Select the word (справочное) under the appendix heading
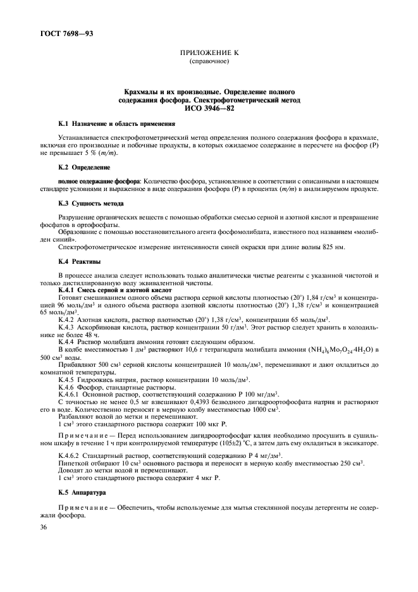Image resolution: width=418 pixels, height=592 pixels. pyautogui.click(x=209, y=63)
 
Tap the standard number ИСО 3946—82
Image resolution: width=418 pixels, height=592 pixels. pyautogui.click(x=209, y=108)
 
